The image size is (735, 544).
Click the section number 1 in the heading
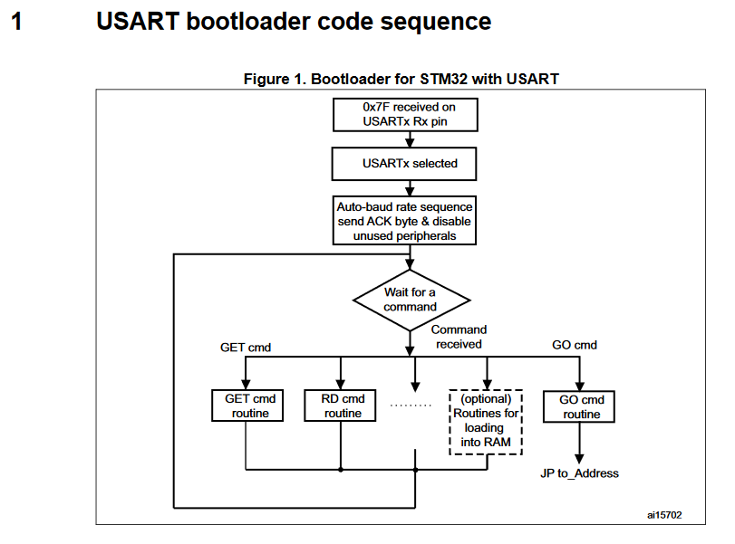coord(16,22)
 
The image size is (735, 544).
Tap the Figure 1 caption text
coord(401,79)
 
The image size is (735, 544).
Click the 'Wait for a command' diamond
coord(411,300)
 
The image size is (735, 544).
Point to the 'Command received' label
coord(459,337)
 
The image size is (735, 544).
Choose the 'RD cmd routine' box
coord(343,406)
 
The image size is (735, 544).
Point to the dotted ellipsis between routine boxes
coord(411,406)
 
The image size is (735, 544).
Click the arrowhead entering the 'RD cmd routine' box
coord(340,383)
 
